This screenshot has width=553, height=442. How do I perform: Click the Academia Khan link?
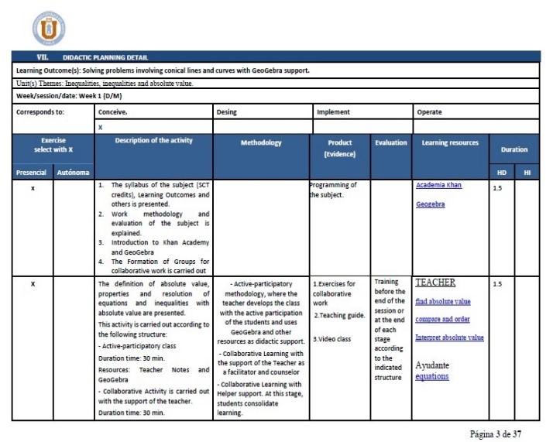coord(438,185)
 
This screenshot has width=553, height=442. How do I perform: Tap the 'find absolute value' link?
coord(442,301)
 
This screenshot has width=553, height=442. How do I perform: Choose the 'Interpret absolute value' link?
coord(449,337)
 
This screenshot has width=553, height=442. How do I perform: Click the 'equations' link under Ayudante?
coord(431,377)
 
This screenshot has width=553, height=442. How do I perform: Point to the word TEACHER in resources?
coord(435,283)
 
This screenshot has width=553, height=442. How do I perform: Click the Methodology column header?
coord(261,143)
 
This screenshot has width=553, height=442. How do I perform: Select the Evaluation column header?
coord(391,143)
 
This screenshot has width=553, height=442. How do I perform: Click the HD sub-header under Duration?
coord(501,171)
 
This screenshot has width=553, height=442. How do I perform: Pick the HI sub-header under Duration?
coord(527,171)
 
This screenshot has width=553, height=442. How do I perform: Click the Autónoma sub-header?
coord(73,171)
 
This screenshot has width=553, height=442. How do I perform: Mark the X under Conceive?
coord(100,126)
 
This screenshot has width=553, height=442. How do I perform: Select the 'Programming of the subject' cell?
coord(334,190)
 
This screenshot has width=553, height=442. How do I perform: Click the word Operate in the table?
coord(429,111)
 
